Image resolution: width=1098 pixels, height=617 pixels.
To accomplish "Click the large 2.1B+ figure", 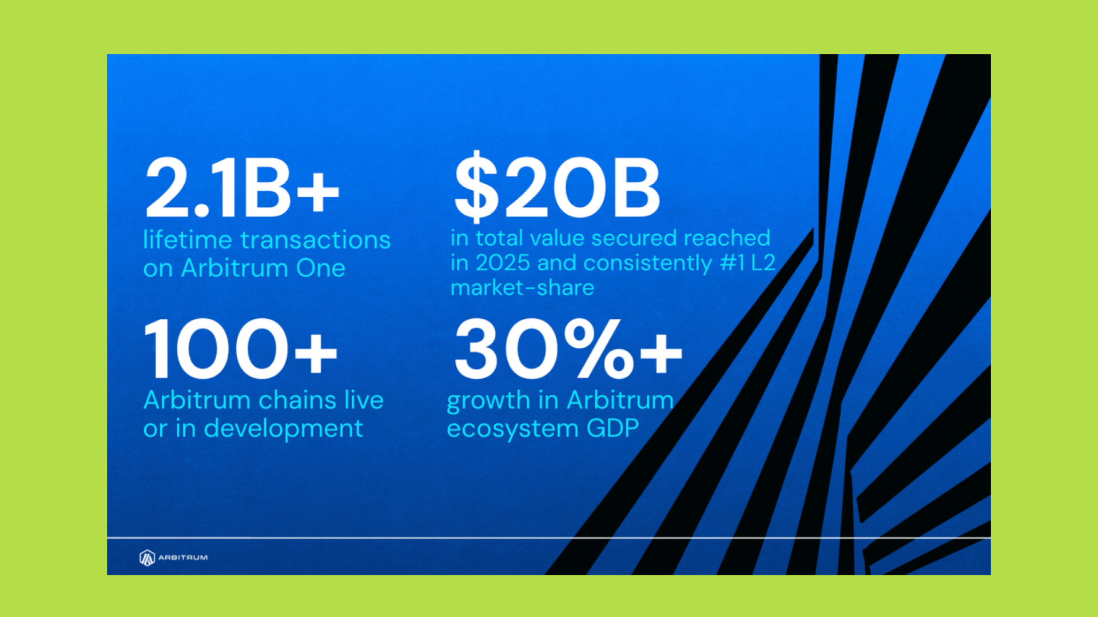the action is coord(242,189).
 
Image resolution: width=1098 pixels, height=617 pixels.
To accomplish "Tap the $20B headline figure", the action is coord(557,187).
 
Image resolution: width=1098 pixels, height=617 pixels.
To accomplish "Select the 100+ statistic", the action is coord(241,348).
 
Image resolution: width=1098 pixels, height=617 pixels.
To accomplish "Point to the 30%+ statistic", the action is coord(568,348).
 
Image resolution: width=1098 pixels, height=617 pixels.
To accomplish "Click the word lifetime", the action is coord(188,240).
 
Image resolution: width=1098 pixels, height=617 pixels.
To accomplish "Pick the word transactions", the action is coord(315,241).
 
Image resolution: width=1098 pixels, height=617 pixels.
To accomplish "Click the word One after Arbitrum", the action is coord(321,269).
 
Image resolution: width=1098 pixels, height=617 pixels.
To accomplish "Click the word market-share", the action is coord(522,287).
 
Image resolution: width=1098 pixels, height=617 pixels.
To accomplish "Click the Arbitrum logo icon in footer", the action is coord(147,558).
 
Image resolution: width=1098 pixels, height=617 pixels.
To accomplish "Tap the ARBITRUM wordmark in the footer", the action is coord(183,558).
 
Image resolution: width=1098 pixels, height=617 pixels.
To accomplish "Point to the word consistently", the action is coord(648,263).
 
